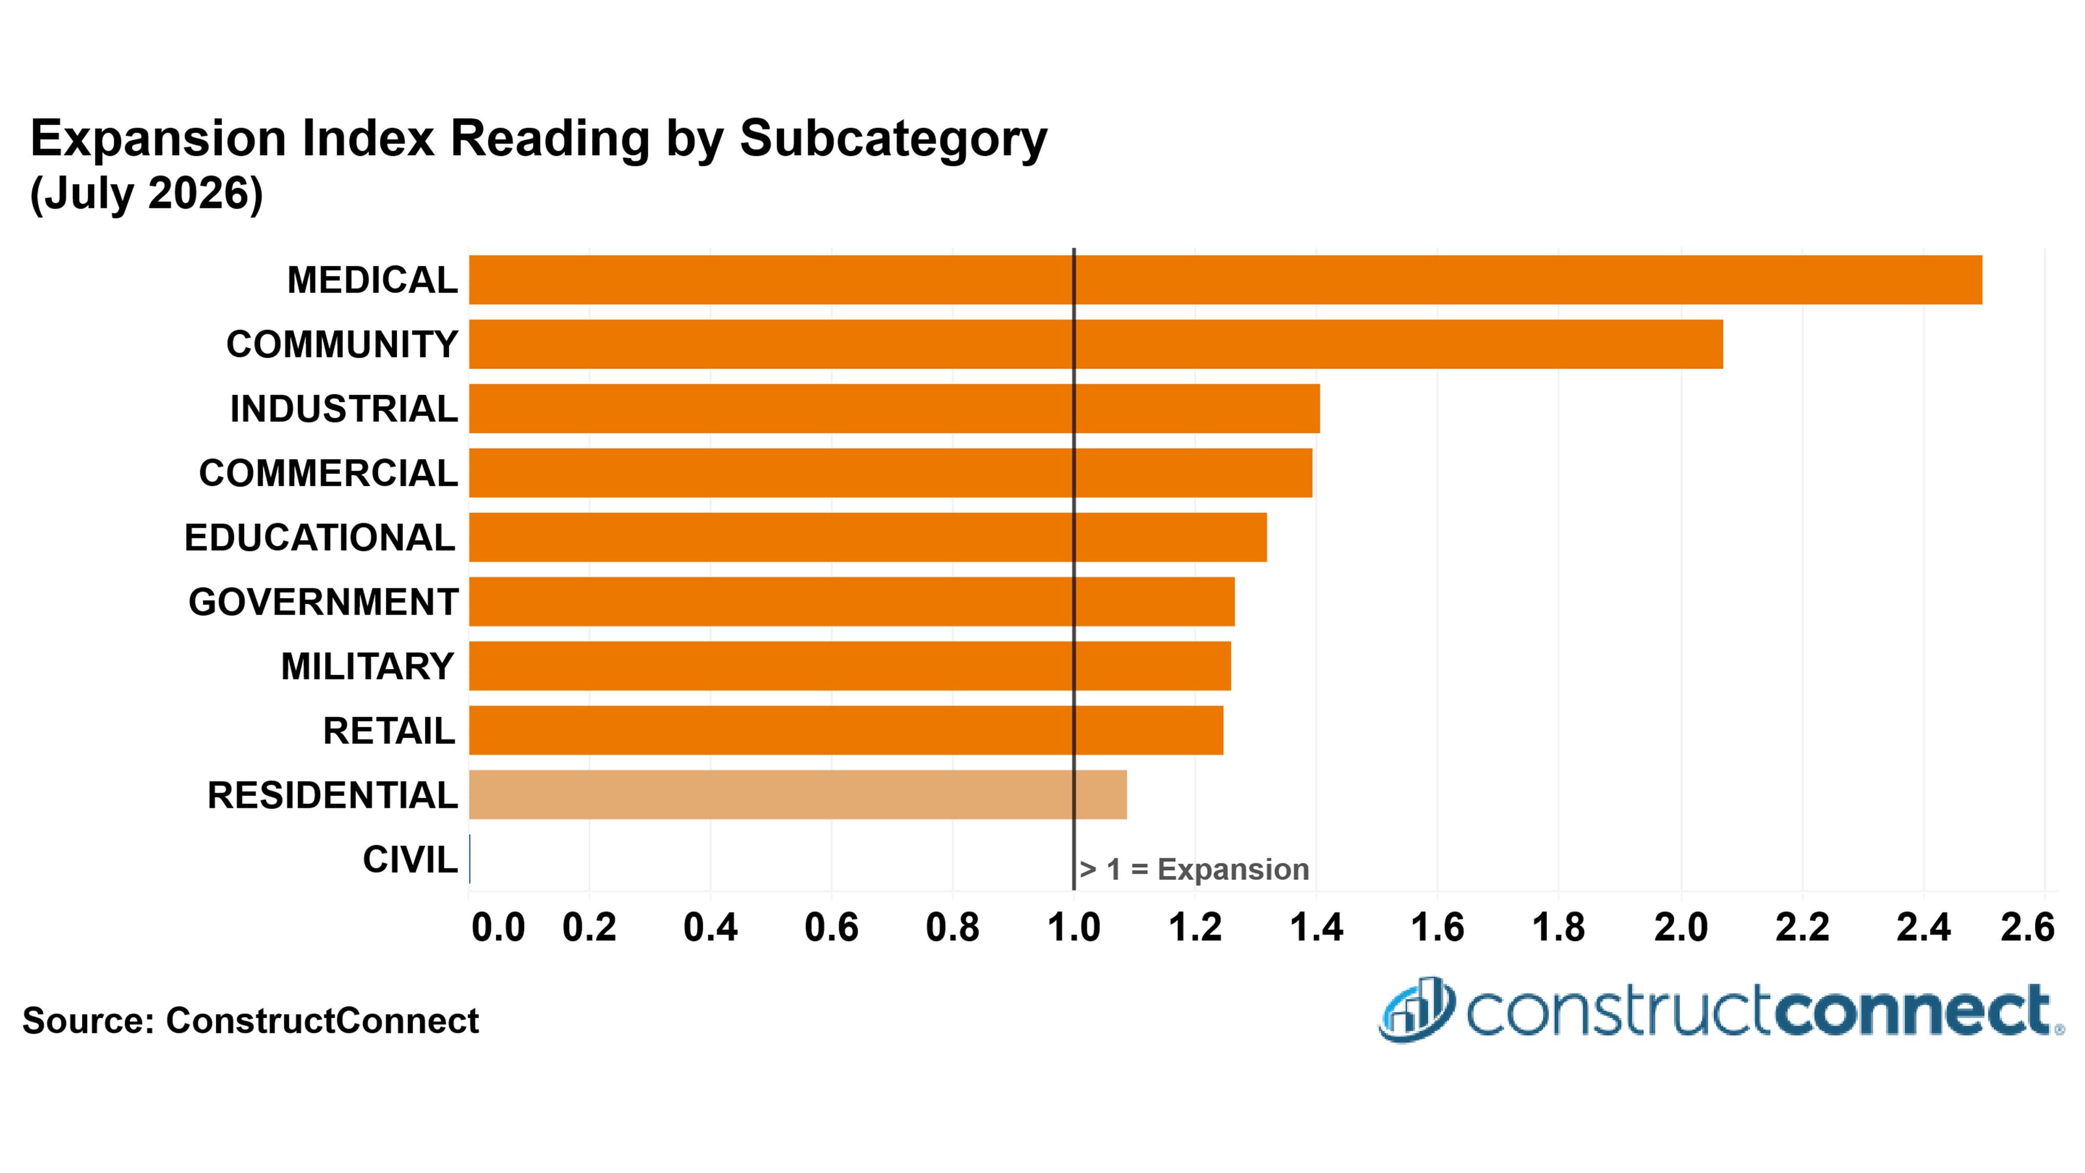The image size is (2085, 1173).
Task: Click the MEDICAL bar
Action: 1225,280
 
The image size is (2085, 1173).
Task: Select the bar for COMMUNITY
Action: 1096,344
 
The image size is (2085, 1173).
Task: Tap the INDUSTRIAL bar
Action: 894,409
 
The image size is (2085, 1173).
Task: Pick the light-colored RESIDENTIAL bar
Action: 798,795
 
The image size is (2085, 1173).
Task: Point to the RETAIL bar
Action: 846,730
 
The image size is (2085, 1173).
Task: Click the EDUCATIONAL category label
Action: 320,537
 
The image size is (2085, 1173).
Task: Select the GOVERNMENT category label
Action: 324,602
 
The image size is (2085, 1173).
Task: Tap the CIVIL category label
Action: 410,860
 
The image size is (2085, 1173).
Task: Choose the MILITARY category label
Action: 367,666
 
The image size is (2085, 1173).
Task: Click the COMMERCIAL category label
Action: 328,473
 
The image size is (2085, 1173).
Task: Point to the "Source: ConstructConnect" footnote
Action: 251,1021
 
